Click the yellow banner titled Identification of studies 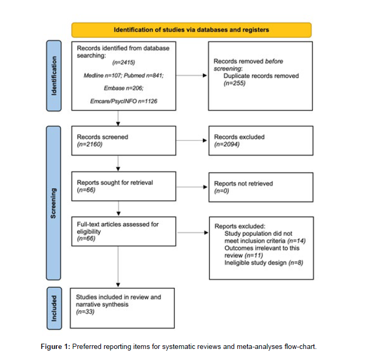[x=191, y=30]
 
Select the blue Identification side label [x=54, y=76]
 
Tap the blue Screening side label [x=53, y=203]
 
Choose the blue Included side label [x=54, y=308]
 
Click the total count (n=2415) [x=124, y=63]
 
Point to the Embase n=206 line [x=124, y=88]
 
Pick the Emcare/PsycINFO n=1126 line [x=124, y=101]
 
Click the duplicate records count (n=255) [x=235, y=83]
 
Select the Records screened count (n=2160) [x=90, y=144]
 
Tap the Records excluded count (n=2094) [x=227, y=144]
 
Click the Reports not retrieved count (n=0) [x=221, y=191]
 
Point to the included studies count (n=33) [x=85, y=312]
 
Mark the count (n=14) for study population [x=297, y=241]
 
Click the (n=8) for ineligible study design [x=296, y=263]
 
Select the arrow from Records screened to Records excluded [x=191, y=141]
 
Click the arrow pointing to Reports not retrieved [x=191, y=187]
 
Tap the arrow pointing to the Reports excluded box [x=193, y=233]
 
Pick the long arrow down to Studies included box [x=118, y=267]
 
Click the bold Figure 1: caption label [x=55, y=347]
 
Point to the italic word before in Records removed [x=274, y=61]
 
